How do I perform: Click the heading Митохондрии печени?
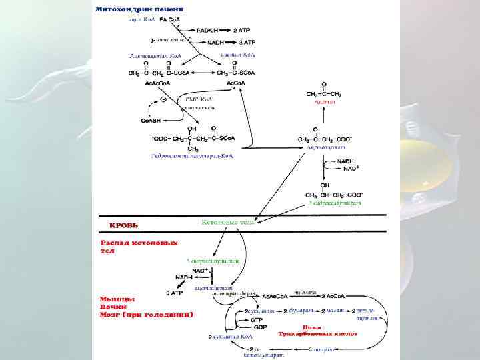(x=139, y=9)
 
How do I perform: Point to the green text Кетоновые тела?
(x=227, y=222)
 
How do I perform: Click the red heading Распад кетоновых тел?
(x=139, y=246)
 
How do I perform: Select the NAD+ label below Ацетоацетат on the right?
(x=347, y=169)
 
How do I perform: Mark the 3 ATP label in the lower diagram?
(x=175, y=293)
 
